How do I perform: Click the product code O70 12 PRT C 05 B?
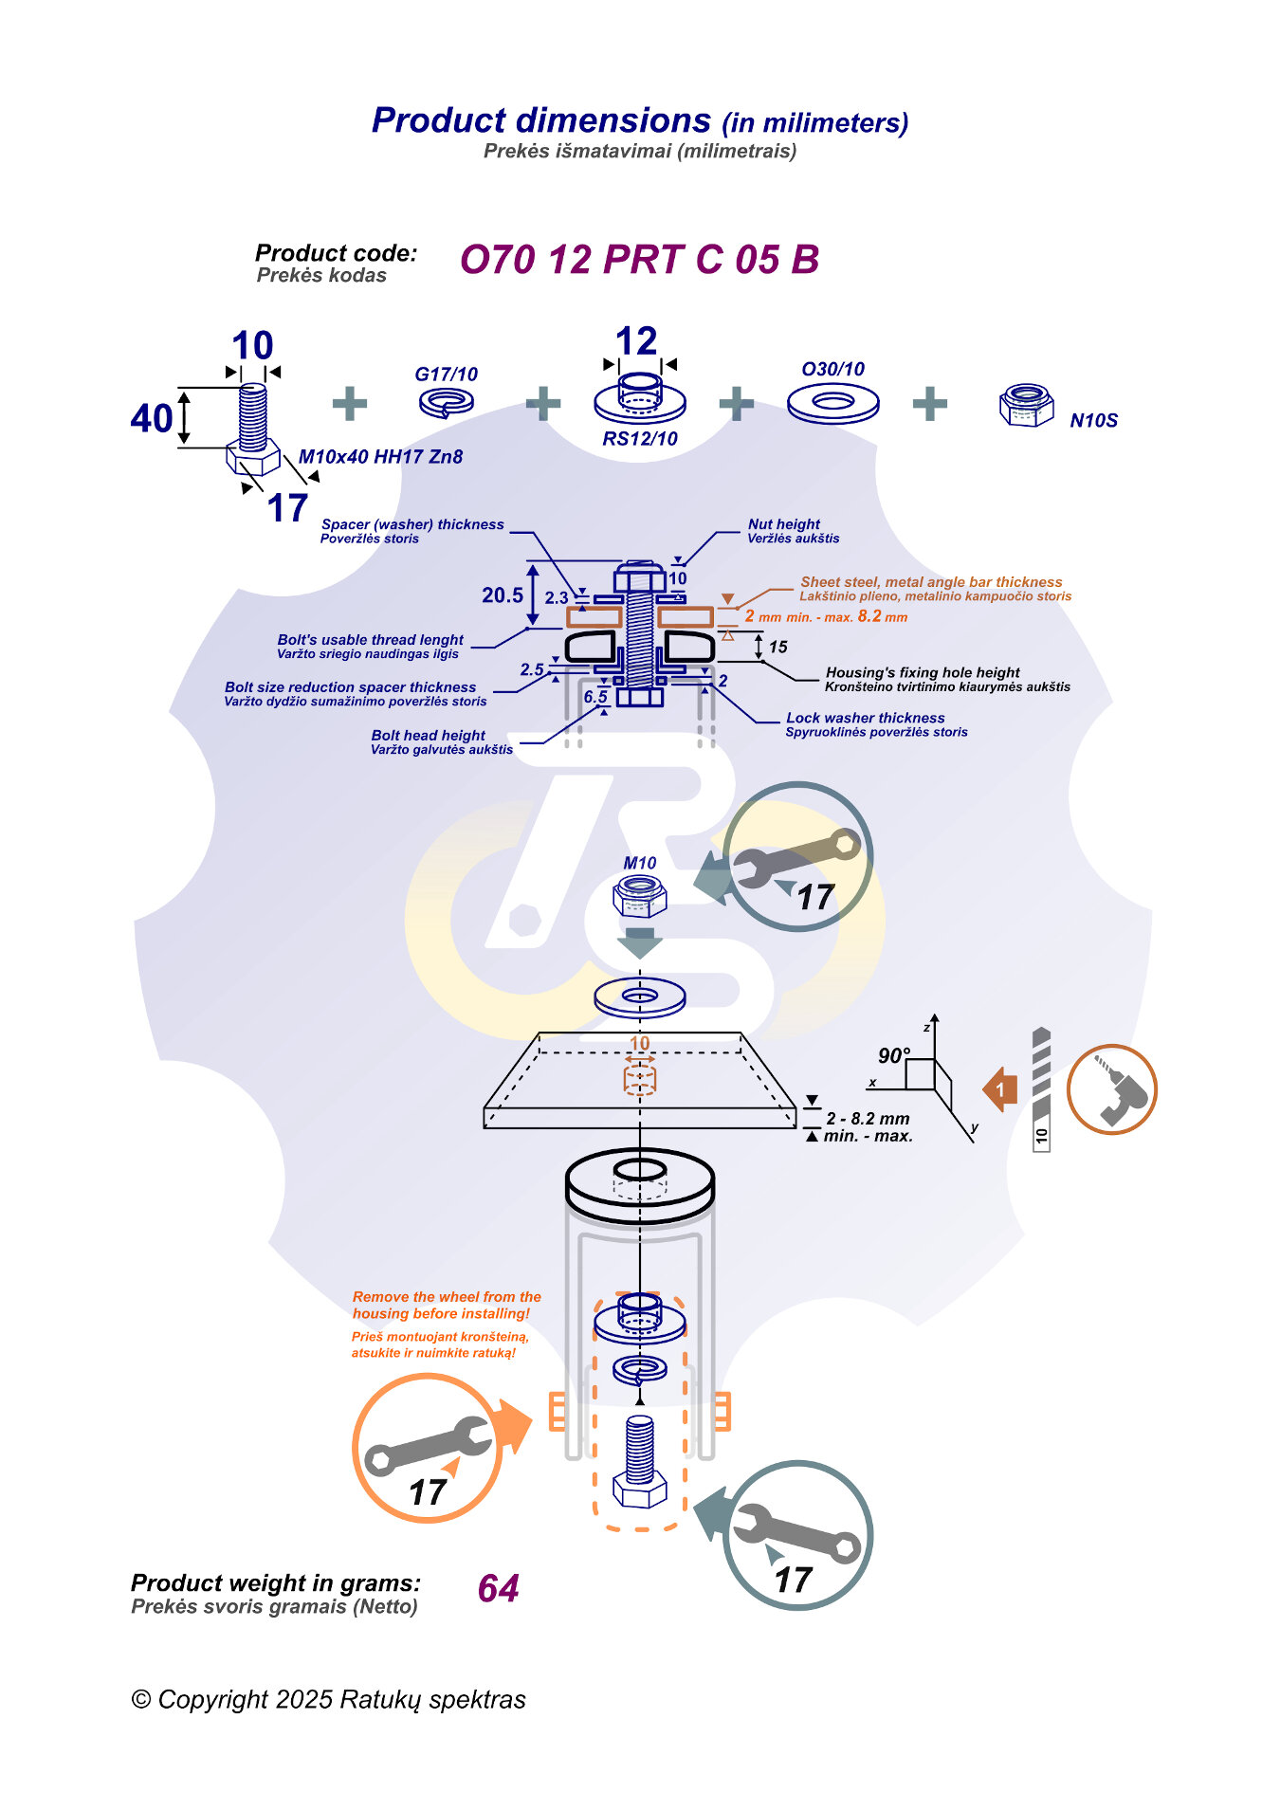pos(639,260)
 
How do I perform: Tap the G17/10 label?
pos(446,375)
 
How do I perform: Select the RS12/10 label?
pos(640,439)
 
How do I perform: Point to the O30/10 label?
pos(832,370)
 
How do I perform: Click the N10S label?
pos(1093,421)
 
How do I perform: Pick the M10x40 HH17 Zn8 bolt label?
pos(380,457)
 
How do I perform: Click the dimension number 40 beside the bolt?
pos(152,418)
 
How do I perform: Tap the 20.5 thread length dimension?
pos(502,595)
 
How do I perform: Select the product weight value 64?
pos(498,1588)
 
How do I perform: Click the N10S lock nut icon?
pos(1026,405)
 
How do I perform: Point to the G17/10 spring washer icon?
pos(446,402)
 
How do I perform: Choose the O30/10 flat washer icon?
pos(832,404)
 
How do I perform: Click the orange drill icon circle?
pos(1111,1089)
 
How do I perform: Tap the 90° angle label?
pos(893,1056)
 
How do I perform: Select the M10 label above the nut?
pos(639,863)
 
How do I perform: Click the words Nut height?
pos(783,524)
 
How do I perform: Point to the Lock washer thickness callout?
pos(865,719)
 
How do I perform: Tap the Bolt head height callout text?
pos(428,736)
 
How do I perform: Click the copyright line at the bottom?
pos(328,1699)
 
